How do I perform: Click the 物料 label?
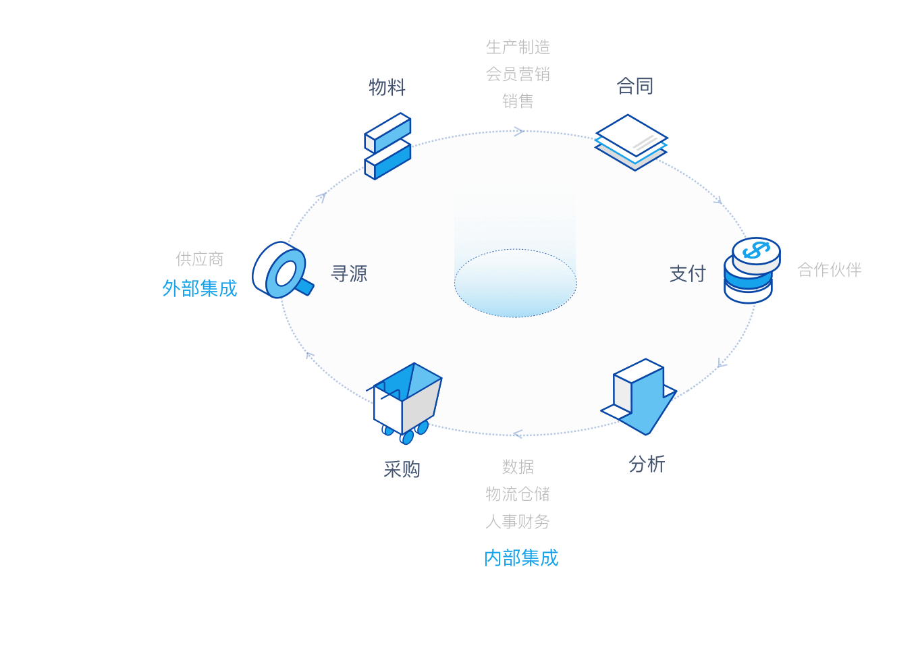tap(387, 87)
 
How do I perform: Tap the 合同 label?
tap(634, 86)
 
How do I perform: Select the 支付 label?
tap(688, 273)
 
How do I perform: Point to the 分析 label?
tap(647, 464)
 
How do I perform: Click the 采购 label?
tap(402, 469)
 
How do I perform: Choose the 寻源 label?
tap(349, 273)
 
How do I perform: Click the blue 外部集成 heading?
tap(200, 288)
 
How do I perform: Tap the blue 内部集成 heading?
tap(521, 558)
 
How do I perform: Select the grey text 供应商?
tap(200, 259)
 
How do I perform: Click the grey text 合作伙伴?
tap(829, 270)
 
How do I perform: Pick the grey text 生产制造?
tap(518, 47)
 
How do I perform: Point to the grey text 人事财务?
tap(518, 521)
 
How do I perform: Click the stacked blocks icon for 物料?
tap(387, 146)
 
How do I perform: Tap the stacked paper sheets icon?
tap(631, 142)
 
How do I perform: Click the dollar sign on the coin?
tap(756, 250)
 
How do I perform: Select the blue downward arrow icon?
tap(639, 397)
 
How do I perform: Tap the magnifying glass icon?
tap(283, 270)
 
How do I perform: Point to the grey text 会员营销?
tap(518, 74)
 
